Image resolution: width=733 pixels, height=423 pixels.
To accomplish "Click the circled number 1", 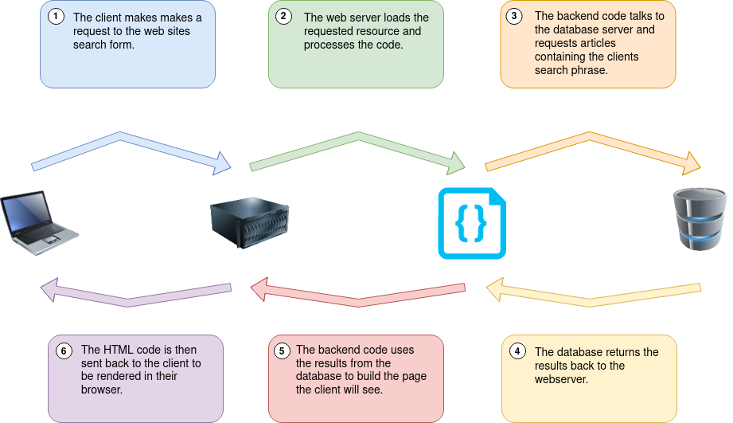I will (x=55, y=17).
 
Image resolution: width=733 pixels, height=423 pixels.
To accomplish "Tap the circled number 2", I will (x=283, y=17).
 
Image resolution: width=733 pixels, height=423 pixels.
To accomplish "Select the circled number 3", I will (x=515, y=16).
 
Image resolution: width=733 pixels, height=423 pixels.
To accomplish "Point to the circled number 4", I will (x=517, y=351).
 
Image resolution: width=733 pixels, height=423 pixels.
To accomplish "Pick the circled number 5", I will (x=282, y=351).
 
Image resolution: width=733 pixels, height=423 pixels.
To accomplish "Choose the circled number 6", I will (x=63, y=351).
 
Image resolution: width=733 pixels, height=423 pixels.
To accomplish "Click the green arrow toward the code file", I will (x=357, y=150).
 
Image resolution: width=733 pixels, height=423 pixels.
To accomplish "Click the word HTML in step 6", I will (x=118, y=350).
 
